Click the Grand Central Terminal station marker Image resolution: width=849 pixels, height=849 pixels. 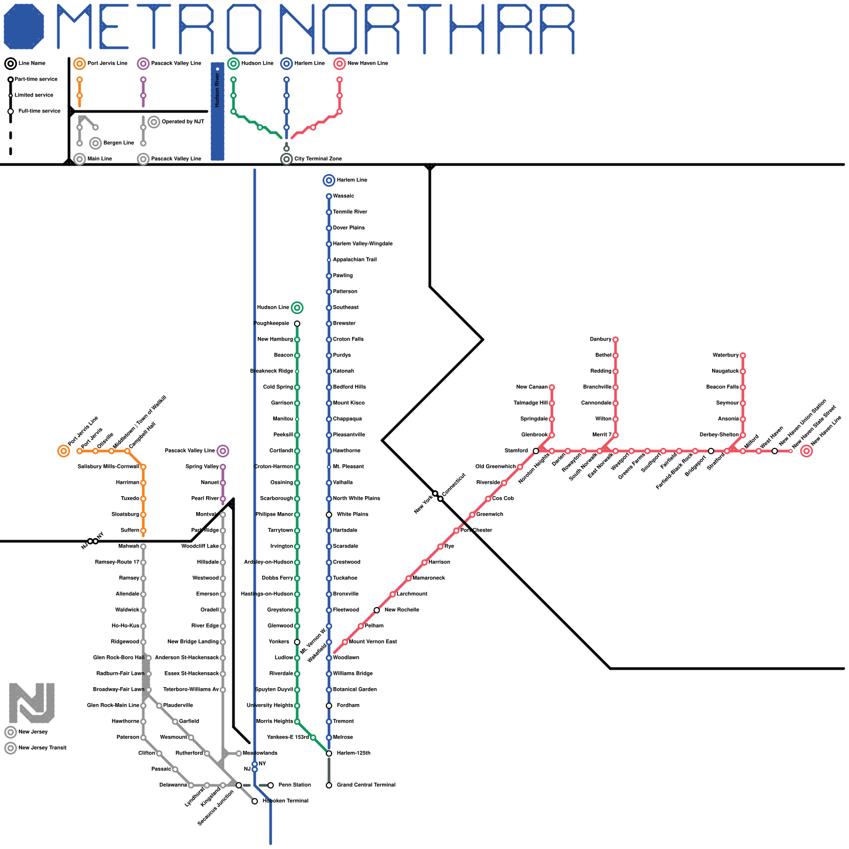pyautogui.click(x=329, y=785)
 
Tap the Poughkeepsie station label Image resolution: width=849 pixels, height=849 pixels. pyautogui.click(x=272, y=324)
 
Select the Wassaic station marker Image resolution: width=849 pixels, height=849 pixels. pyautogui.click(x=329, y=196)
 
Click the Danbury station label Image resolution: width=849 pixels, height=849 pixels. pyautogui.click(x=600, y=340)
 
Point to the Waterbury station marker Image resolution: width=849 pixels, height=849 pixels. pyautogui.click(x=743, y=356)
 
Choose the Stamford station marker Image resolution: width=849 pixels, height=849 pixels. pyautogui.click(x=536, y=451)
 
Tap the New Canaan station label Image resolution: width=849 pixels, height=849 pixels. pyautogui.click(x=532, y=387)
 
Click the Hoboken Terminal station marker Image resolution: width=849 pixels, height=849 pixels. pyautogui.click(x=255, y=801)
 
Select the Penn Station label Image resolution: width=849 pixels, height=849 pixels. pyautogui.click(x=294, y=785)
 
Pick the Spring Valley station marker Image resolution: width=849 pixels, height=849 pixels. pyautogui.click(x=223, y=467)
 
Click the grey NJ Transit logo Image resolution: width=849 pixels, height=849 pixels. pyautogui.click(x=32, y=703)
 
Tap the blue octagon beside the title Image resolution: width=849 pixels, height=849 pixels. pyautogui.click(x=24, y=27)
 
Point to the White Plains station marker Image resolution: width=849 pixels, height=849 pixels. pyautogui.click(x=329, y=515)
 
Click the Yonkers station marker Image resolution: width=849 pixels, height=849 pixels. pyautogui.click(x=297, y=642)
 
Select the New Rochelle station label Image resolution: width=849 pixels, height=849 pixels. pyautogui.click(x=402, y=610)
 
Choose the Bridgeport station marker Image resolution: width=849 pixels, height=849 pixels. pyautogui.click(x=711, y=451)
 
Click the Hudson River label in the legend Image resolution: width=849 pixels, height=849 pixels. pyautogui.click(x=218, y=90)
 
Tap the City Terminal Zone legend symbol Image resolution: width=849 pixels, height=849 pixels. pyautogui.click(x=287, y=159)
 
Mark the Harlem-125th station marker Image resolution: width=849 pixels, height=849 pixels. pyautogui.click(x=329, y=753)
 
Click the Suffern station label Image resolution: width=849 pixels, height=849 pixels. pyautogui.click(x=129, y=531)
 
